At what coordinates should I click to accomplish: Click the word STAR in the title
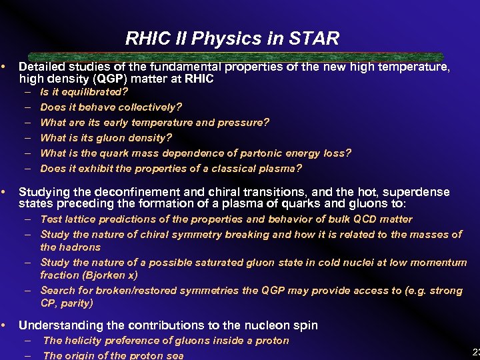click(x=316, y=39)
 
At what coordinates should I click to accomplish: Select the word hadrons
click(x=80, y=247)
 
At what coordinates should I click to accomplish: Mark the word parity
click(x=75, y=303)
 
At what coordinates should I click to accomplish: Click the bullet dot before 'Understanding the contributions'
click(x=5, y=325)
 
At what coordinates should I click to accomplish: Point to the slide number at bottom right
click(x=475, y=352)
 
